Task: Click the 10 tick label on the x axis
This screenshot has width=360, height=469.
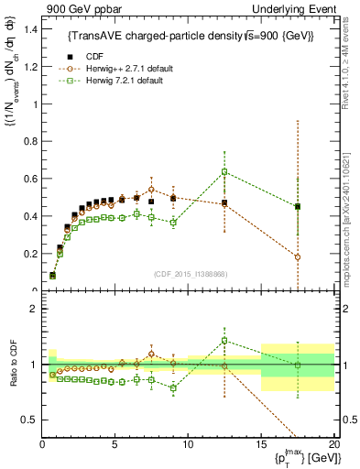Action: point(188,443)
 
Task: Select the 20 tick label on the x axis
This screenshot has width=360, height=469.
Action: point(333,443)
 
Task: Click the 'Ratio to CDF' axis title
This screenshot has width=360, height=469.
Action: point(11,365)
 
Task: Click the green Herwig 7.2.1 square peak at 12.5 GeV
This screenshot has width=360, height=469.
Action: point(224,172)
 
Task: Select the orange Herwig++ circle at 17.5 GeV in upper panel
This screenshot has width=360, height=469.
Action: point(297,257)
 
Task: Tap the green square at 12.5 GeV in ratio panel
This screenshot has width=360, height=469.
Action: point(224,341)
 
